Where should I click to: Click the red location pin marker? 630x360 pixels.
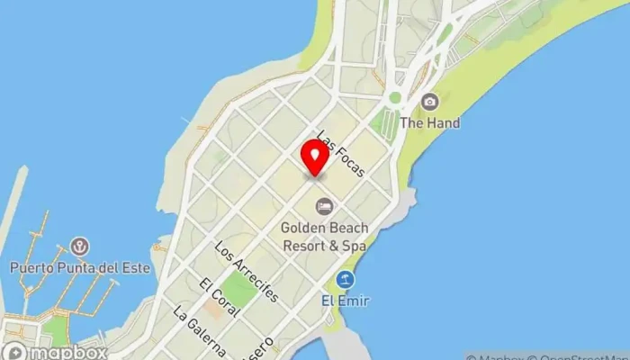tap(315, 157)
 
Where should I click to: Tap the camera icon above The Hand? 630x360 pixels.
tap(430, 102)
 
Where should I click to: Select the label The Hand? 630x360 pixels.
tap(430, 122)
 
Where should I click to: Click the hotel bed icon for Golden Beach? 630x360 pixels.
tap(323, 206)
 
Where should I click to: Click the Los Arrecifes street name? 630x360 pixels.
tap(247, 271)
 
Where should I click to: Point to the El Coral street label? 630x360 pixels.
tap(220, 298)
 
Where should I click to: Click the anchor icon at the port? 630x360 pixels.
tap(80, 247)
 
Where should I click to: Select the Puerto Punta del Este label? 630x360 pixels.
tap(80, 267)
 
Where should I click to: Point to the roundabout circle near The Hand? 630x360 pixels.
tap(394, 97)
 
